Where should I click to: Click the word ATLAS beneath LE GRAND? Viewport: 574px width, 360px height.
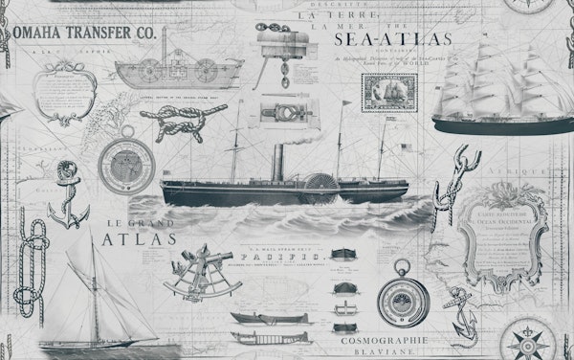pos(125,239)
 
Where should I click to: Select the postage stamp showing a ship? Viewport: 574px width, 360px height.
pos(383,95)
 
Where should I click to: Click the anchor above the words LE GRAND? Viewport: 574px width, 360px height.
pos(68,195)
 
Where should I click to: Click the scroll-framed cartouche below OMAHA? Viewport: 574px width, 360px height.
pos(64,92)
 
